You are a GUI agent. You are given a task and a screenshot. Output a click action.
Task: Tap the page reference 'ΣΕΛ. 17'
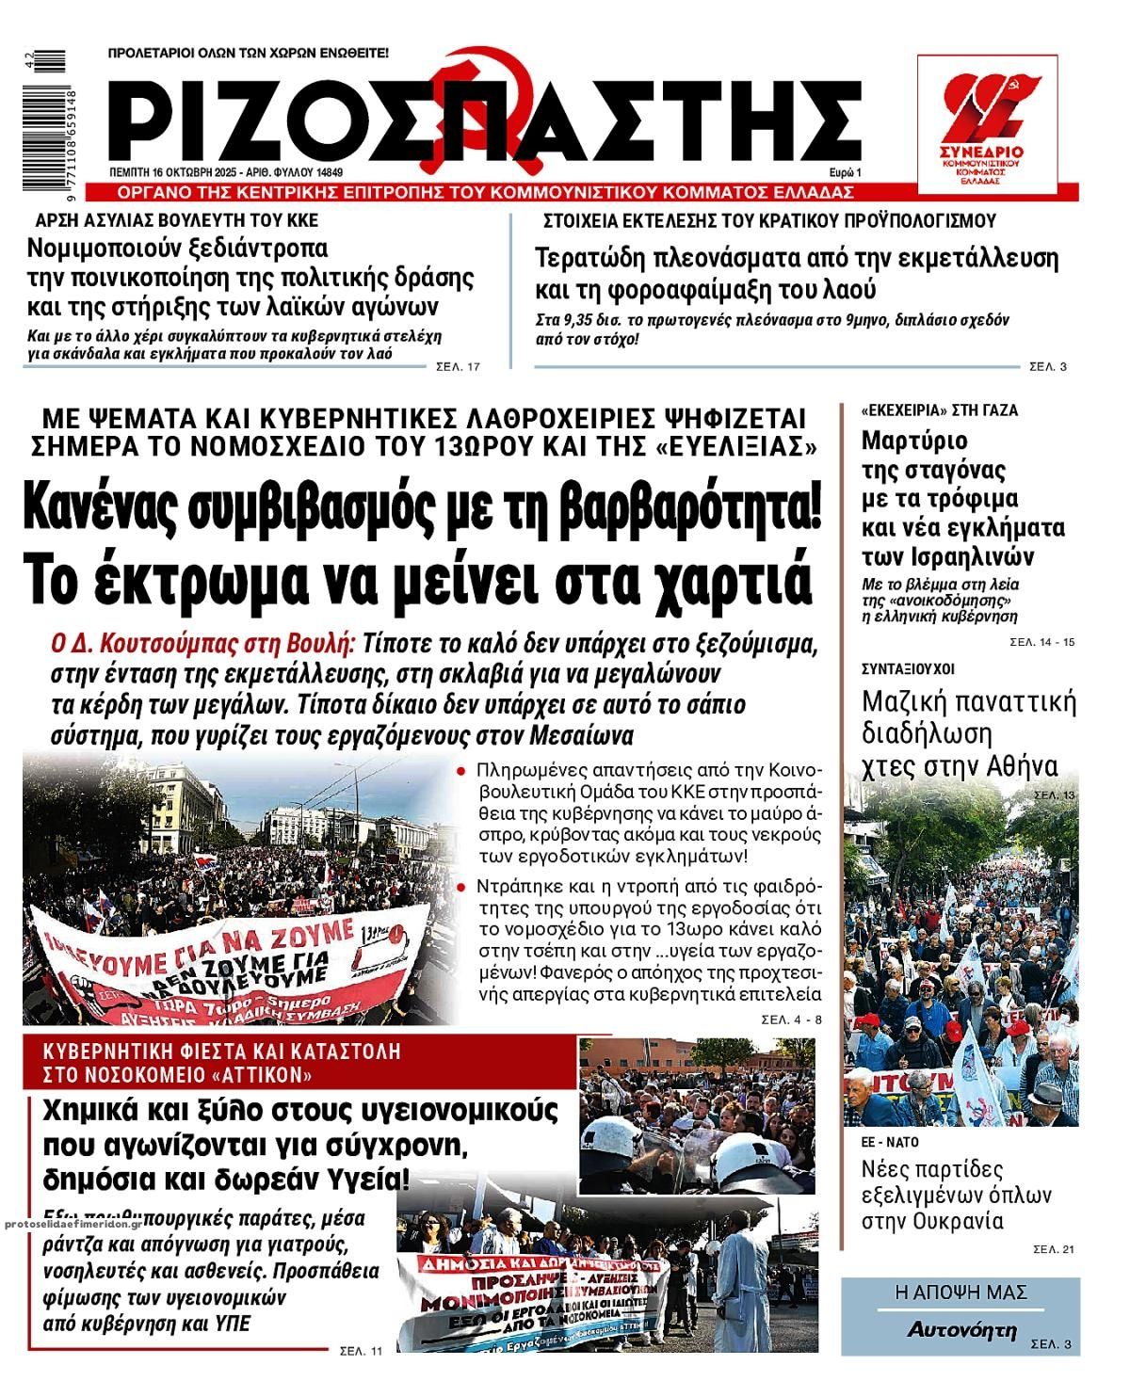pyautogui.click(x=459, y=366)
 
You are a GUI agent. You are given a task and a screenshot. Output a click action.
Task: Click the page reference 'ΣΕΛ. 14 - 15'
pyautogui.click(x=1041, y=642)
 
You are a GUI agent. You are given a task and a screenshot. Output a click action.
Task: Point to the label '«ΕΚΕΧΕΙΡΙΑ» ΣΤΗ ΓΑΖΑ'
pyautogui.click(x=940, y=410)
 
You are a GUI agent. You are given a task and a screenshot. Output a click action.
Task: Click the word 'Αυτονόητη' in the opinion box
pyautogui.click(x=962, y=1330)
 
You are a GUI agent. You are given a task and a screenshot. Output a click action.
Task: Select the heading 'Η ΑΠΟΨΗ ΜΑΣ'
pyautogui.click(x=960, y=1293)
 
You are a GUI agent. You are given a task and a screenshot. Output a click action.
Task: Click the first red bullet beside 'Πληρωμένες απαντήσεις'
pyautogui.click(x=461, y=770)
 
